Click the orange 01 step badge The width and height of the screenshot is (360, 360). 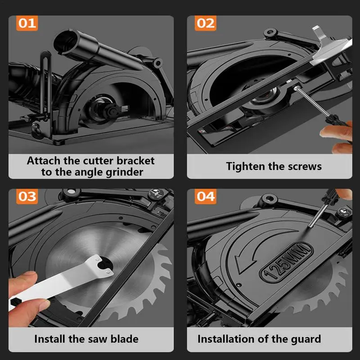(27, 23)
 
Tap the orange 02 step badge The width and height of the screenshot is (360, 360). (206, 23)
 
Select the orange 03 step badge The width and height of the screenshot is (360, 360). (27, 197)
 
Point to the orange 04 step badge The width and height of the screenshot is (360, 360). (206, 197)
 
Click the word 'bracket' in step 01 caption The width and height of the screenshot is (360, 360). (135, 161)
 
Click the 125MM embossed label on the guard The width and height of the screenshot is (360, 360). (286, 262)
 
